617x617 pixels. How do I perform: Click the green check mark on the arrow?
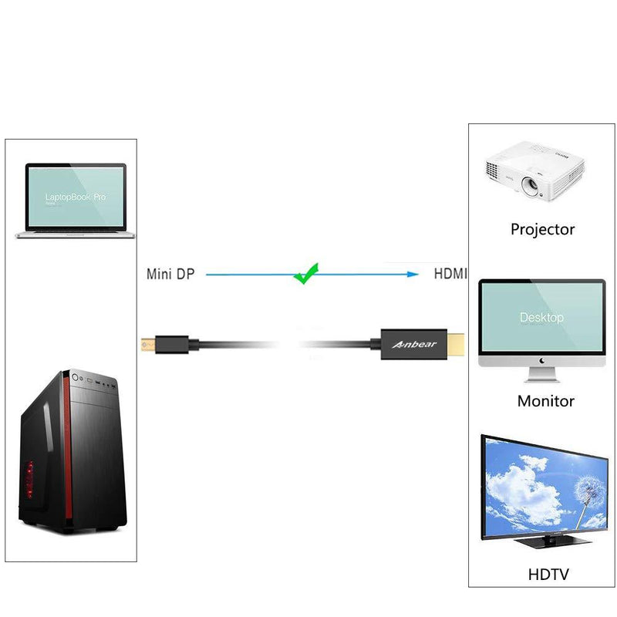click(306, 274)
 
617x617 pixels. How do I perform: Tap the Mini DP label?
click(170, 274)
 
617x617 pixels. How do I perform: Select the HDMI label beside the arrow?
click(450, 274)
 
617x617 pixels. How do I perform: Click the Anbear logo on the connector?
click(414, 344)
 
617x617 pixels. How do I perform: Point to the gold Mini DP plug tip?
click(148, 345)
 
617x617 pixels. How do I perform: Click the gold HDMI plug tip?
click(456, 344)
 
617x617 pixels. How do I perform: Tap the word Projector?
click(543, 229)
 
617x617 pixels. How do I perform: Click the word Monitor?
click(546, 401)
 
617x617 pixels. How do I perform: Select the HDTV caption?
click(548, 575)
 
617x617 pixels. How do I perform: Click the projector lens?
click(530, 184)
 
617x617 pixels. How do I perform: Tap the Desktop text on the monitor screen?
click(541, 317)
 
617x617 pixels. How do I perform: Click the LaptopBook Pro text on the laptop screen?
click(75, 197)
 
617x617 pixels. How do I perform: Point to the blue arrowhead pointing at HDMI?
click(413, 275)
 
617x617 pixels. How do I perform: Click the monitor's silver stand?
click(542, 374)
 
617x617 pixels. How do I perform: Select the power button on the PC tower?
click(75, 377)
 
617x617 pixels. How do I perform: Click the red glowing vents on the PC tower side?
click(29, 479)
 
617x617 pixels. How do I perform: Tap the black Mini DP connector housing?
click(172, 345)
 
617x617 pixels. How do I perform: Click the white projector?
click(534, 171)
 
